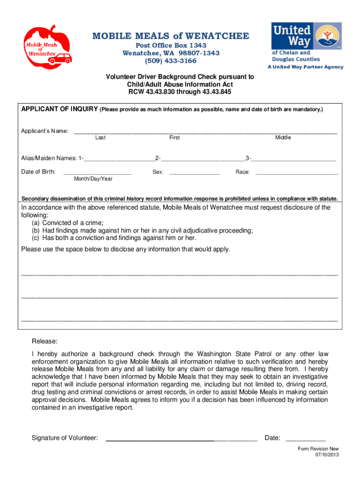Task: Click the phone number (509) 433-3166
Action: [171, 61]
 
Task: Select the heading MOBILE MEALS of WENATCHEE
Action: [171, 36]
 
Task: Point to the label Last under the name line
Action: [100, 138]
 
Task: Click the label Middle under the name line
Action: [283, 138]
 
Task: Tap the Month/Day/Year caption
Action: [93, 179]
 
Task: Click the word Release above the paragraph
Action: [44, 341]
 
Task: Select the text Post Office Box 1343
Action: [171, 45]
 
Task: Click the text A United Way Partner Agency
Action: [305, 67]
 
